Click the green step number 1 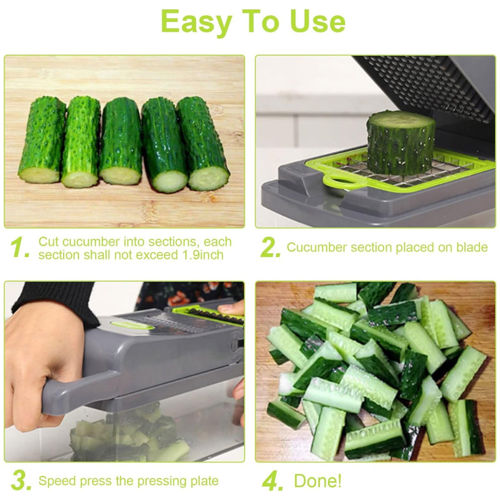click(20, 247)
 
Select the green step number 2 click(270, 247)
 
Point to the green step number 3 click(21, 480)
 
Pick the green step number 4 click(272, 481)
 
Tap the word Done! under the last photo click(317, 480)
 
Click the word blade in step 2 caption click(472, 247)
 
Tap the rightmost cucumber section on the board click(203, 144)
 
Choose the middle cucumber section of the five click(121, 141)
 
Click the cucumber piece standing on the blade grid click(401, 142)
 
